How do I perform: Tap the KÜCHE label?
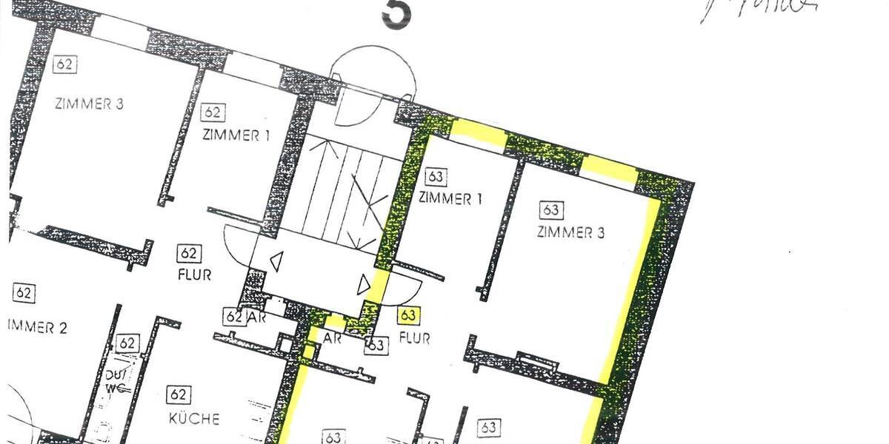pyautogui.click(x=194, y=418)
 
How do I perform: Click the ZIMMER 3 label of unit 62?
pyautogui.click(x=88, y=104)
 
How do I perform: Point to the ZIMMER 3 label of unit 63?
pyautogui.click(x=570, y=233)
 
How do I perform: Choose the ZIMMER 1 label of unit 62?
pyautogui.click(x=236, y=135)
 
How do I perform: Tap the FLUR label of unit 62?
pyautogui.click(x=195, y=275)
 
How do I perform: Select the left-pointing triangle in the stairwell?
pyautogui.click(x=276, y=260)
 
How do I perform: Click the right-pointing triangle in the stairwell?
pyautogui.click(x=364, y=285)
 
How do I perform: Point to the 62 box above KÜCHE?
pyautogui.click(x=177, y=394)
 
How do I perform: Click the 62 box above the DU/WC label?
pyautogui.click(x=127, y=343)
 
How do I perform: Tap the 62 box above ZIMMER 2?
pyautogui.click(x=24, y=293)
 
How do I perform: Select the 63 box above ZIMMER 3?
pyautogui.click(x=550, y=210)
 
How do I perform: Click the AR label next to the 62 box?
pyautogui.click(x=256, y=318)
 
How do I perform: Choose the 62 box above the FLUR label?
pyautogui.click(x=187, y=253)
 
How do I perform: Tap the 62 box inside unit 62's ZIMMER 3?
pyautogui.click(x=64, y=64)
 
